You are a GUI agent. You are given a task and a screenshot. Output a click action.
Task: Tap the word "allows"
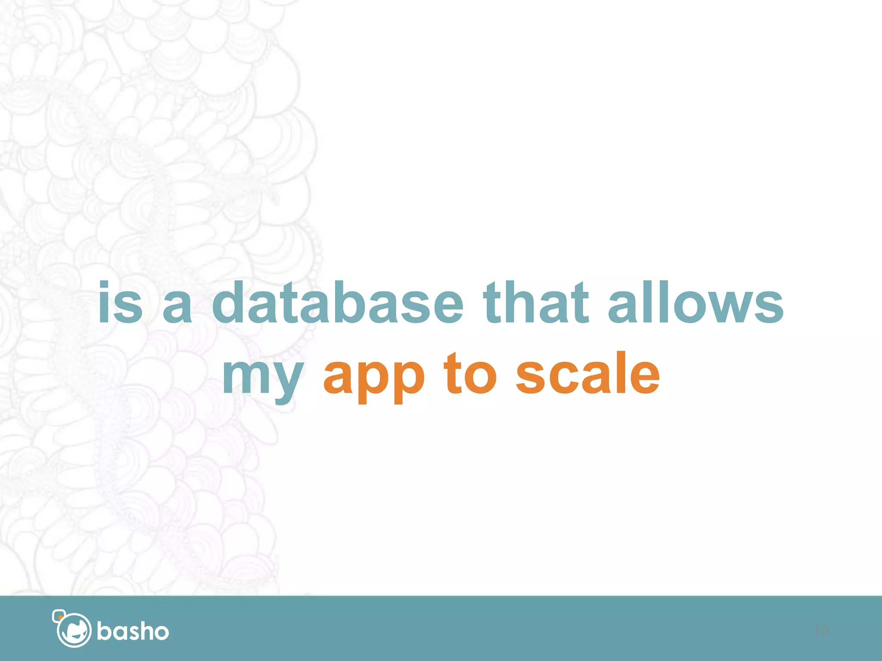[x=696, y=302]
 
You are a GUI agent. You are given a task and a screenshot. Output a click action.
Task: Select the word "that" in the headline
[x=536, y=302]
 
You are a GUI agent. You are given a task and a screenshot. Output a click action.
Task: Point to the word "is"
[x=120, y=302]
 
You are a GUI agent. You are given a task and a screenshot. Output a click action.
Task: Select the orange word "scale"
[x=587, y=372]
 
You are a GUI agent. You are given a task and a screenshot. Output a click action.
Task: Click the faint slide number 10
[x=821, y=631]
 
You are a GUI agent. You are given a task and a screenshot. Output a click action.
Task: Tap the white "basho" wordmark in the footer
[x=133, y=631]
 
